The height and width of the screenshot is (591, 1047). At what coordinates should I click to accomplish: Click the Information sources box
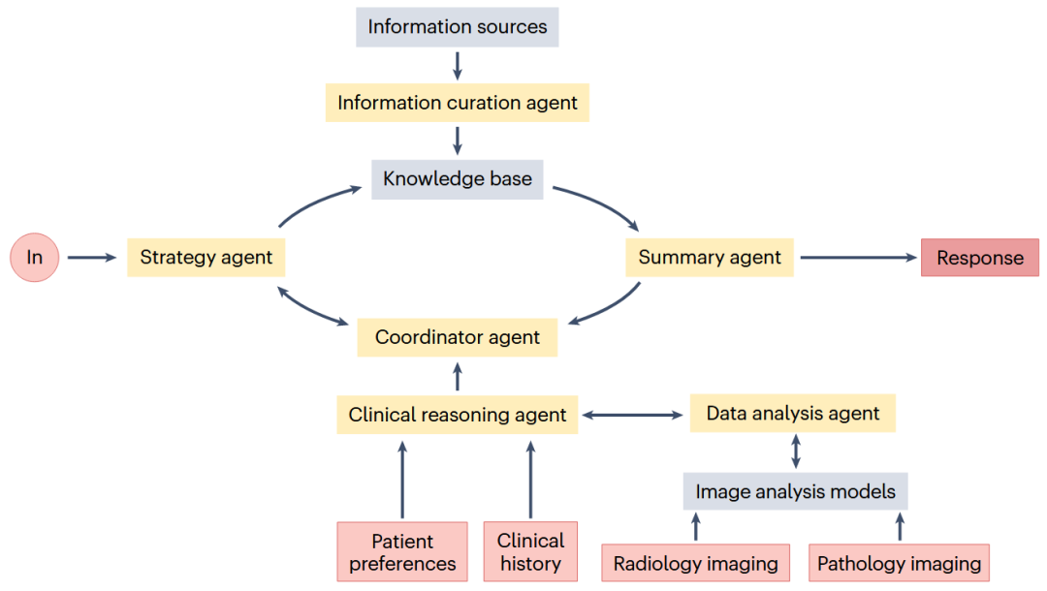tap(457, 27)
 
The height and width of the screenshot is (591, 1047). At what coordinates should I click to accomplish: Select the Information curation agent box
tap(457, 103)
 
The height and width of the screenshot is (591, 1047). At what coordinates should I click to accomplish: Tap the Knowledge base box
tap(457, 179)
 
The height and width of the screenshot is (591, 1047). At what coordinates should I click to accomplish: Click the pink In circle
tap(35, 258)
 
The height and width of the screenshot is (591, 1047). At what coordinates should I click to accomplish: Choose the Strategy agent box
tap(206, 258)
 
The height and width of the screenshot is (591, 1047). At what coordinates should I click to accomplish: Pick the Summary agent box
tap(709, 258)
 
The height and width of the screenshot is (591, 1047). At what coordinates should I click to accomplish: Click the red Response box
tap(979, 258)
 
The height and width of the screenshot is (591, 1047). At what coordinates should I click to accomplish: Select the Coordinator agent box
tap(457, 337)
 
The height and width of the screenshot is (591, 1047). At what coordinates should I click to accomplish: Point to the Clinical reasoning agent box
tap(457, 415)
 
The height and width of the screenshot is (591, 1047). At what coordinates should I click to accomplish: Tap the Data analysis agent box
tap(792, 414)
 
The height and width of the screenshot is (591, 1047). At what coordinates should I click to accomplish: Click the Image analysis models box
tap(795, 491)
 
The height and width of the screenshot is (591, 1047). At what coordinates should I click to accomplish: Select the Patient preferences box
tap(401, 552)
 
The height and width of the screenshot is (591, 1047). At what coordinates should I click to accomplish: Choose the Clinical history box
tap(529, 552)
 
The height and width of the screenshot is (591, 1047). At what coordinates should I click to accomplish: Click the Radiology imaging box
tap(695, 563)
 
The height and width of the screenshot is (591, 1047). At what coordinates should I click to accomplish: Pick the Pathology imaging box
tap(899, 563)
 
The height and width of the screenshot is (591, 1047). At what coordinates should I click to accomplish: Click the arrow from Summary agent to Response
tap(858, 258)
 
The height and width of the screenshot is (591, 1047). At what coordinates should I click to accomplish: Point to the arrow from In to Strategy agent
tap(92, 258)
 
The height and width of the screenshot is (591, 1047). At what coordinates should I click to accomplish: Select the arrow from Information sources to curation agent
tap(457, 65)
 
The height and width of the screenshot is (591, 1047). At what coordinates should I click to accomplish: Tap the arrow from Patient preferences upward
tap(401, 480)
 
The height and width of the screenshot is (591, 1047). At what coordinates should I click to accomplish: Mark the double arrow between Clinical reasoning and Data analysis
tap(633, 416)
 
